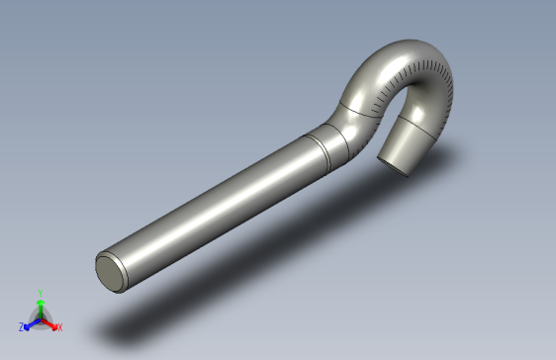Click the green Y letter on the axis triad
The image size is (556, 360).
click(40, 293)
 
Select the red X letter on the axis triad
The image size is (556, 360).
click(59, 326)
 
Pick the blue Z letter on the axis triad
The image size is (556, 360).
click(22, 326)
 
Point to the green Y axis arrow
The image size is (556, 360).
click(40, 307)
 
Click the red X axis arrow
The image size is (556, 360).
click(50, 323)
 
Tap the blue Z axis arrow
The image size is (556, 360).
click(31, 323)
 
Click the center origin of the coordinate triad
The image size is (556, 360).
click(40, 318)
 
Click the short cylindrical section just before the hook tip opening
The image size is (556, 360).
click(408, 146)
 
